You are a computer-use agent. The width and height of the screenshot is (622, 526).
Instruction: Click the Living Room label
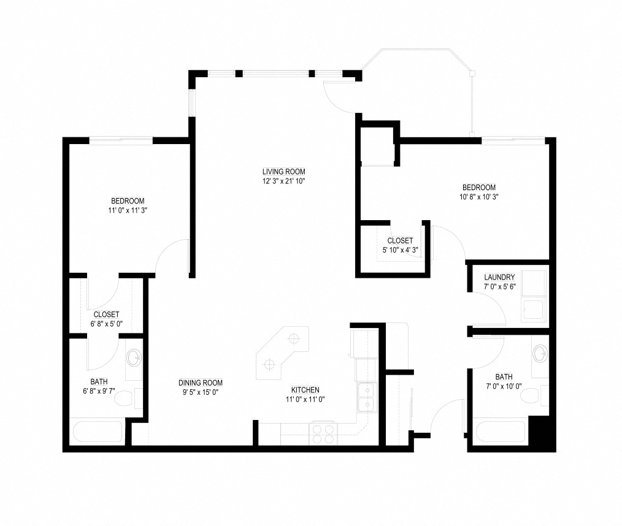click(283, 172)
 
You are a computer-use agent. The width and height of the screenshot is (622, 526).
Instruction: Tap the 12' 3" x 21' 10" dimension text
click(283, 181)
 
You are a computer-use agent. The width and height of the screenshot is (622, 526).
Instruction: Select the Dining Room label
click(201, 383)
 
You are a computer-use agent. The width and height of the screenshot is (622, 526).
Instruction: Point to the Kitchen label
click(305, 390)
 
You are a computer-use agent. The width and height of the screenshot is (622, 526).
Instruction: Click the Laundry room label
click(499, 277)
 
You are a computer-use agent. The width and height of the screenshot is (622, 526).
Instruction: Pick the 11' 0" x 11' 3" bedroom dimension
click(128, 210)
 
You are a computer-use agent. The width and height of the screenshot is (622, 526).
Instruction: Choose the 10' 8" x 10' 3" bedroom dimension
click(479, 197)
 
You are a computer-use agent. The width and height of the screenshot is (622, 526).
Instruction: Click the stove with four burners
click(323, 433)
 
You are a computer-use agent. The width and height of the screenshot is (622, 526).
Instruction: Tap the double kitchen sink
click(367, 398)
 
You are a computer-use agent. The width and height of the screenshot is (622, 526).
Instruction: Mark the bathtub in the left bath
click(98, 431)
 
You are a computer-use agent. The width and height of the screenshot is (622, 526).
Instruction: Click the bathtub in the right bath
click(501, 431)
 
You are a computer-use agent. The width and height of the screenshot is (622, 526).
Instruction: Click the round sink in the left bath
click(134, 358)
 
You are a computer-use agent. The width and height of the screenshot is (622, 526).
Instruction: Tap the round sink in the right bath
click(540, 353)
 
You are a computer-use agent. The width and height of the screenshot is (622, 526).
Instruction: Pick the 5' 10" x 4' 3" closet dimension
click(401, 250)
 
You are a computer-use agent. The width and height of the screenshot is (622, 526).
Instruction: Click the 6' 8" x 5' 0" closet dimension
click(106, 324)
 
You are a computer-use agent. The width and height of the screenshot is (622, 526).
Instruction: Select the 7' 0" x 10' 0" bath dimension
click(504, 386)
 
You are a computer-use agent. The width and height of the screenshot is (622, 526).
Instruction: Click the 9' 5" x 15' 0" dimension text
click(201, 392)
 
